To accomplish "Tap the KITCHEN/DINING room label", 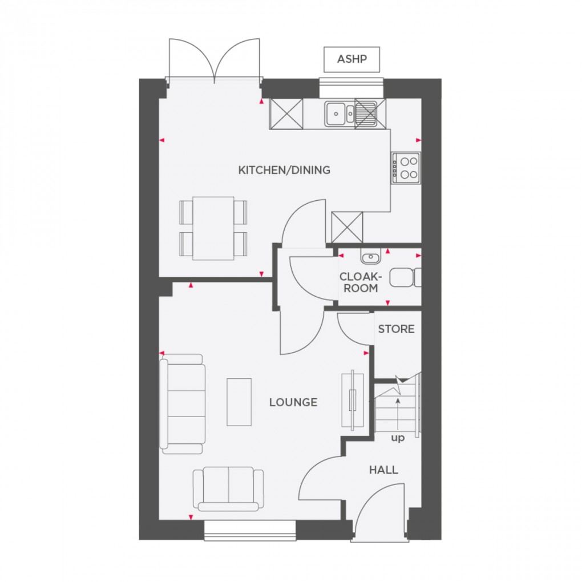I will pos(284,170).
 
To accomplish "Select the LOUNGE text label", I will pos(293,402).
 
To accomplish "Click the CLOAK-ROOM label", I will pos(360,282).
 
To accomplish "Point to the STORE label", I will pos(396,329).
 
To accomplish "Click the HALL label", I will pos(383,470).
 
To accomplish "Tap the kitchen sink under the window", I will pos(340,113).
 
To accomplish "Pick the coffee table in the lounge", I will pos(239,402).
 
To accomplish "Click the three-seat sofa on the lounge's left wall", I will pos(183,403).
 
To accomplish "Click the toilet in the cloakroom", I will pos(406,278).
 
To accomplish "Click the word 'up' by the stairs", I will pos(398,438).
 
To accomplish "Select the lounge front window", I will pos(250,530).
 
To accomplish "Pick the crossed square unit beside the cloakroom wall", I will pos(347,227).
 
